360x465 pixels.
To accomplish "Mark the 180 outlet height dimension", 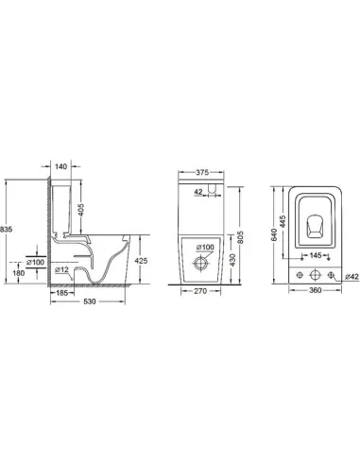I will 17,274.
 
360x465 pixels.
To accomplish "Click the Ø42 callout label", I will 349,275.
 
